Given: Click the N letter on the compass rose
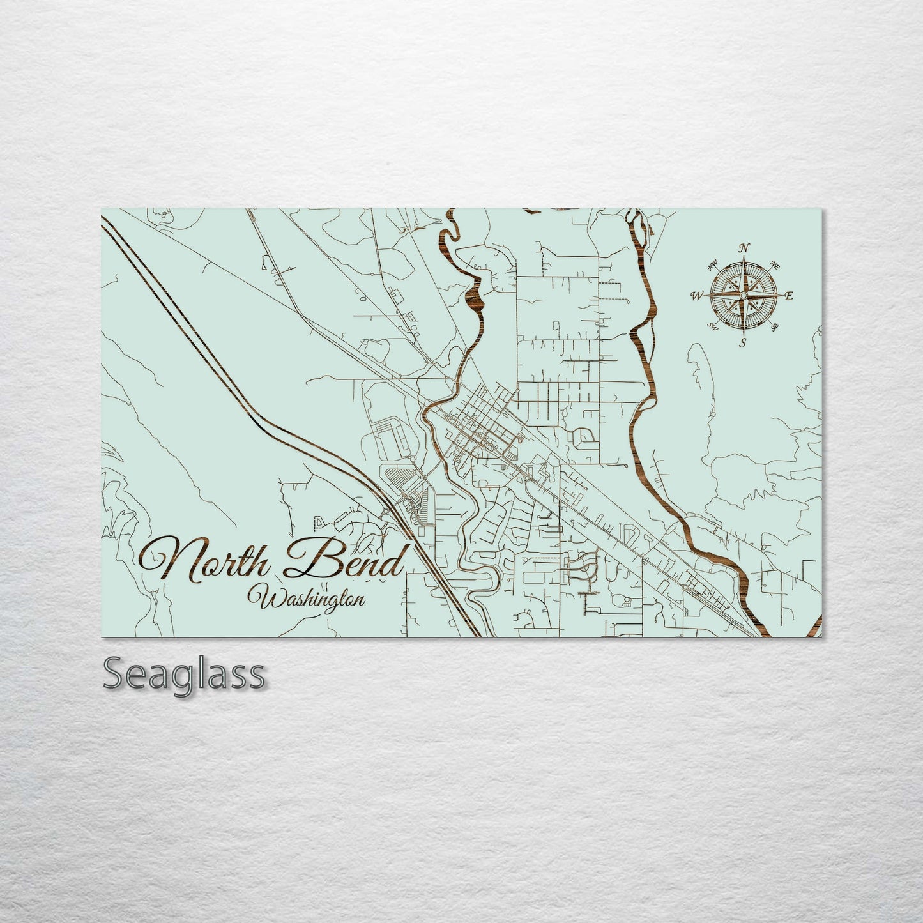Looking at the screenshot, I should coord(744,248).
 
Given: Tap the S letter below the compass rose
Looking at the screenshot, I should coord(742,343).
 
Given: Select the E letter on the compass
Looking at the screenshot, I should coord(789,296).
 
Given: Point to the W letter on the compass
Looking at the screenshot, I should coord(696,296).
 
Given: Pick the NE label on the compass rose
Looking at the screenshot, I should coord(775,264).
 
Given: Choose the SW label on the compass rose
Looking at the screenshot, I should coord(712,327).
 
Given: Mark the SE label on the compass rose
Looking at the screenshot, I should coord(775,327).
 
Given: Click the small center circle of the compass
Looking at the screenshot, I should coord(743,296).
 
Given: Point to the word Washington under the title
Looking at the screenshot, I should coord(310,599).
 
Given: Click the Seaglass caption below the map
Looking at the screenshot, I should coord(183,673).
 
